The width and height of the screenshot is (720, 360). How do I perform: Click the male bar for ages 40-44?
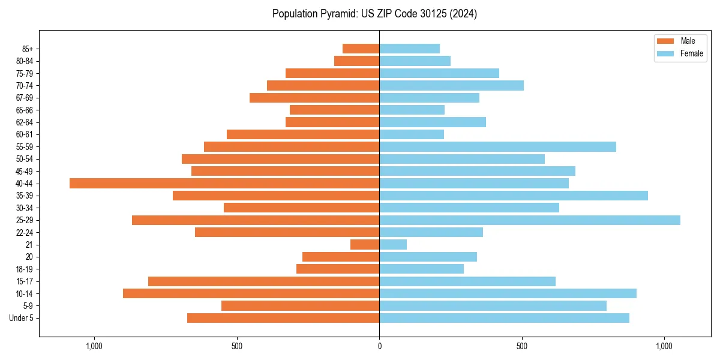(x=224, y=183)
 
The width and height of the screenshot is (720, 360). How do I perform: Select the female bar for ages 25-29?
(x=530, y=220)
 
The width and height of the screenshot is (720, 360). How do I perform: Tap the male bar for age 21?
(x=365, y=244)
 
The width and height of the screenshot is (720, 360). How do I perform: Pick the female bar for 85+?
(x=409, y=49)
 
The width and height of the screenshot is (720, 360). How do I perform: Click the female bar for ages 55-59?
(x=497, y=146)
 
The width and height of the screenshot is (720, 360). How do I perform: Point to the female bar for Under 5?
(x=504, y=318)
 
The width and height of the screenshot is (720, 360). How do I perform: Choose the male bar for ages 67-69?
(x=314, y=98)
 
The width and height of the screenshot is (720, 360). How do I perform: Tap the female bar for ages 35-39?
(x=514, y=196)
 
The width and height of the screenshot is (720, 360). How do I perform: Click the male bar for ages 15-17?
(x=263, y=281)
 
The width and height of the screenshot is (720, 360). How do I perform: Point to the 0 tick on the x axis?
(x=379, y=346)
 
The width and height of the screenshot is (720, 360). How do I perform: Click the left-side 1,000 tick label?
(x=94, y=346)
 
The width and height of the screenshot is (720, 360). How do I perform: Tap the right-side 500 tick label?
(x=522, y=346)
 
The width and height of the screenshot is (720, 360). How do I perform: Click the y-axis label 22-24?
(x=25, y=232)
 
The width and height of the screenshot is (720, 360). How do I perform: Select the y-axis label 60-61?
(x=25, y=134)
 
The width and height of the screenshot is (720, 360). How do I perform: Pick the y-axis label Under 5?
(x=22, y=318)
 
